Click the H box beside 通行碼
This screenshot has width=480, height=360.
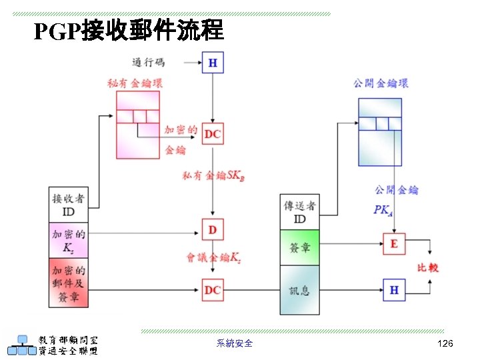pyautogui.click(x=213, y=63)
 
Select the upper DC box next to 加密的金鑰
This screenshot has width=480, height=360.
pyautogui.click(x=213, y=134)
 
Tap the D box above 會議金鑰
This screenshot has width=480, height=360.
pyautogui.click(x=213, y=230)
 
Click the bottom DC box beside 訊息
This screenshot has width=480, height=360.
pyautogui.click(x=213, y=290)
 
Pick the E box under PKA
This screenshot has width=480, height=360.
pyautogui.click(x=393, y=244)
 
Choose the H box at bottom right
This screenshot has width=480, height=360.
pyautogui.click(x=393, y=290)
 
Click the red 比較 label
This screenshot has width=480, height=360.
pyautogui.click(x=427, y=267)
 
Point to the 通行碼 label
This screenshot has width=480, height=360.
pyautogui.click(x=148, y=62)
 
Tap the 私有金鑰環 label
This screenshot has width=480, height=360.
pyautogui.click(x=135, y=83)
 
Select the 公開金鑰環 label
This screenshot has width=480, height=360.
pyautogui.click(x=381, y=83)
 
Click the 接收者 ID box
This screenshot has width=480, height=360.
pyautogui.click(x=69, y=205)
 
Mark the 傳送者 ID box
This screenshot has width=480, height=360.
pyautogui.click(x=300, y=212)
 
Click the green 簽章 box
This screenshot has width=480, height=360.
pyautogui.click(x=300, y=247)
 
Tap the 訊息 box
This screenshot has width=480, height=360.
pyautogui.click(x=300, y=290)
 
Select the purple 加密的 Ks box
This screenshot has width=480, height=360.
pyautogui.click(x=69, y=241)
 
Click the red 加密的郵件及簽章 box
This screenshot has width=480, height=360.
pyautogui.click(x=69, y=283)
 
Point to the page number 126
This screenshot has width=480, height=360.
pyautogui.click(x=445, y=343)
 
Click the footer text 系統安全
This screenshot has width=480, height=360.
pyautogui.click(x=235, y=343)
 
